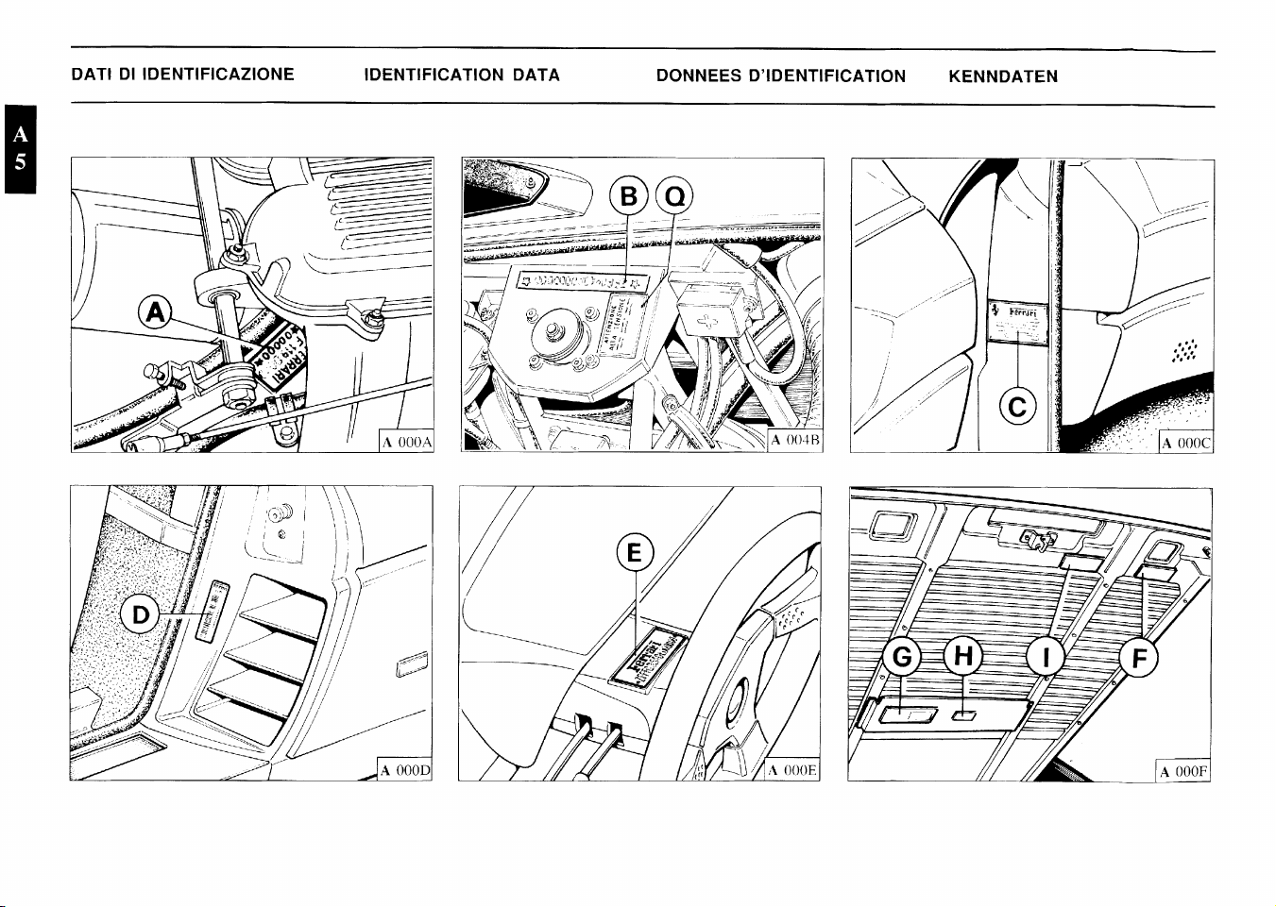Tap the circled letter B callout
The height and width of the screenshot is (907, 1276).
pyautogui.click(x=628, y=198)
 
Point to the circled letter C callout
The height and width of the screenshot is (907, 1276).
pyautogui.click(x=1018, y=407)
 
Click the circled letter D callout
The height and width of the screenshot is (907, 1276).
pyautogui.click(x=141, y=615)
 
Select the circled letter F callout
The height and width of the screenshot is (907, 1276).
pyautogui.click(x=1139, y=658)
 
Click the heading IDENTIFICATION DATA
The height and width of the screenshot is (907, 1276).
pyautogui.click(x=462, y=76)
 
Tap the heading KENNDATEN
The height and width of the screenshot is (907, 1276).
pyautogui.click(x=1003, y=76)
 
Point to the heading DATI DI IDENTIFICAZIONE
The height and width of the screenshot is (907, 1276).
pyautogui.click(x=183, y=75)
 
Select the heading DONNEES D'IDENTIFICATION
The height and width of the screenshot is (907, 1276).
pyautogui.click(x=780, y=76)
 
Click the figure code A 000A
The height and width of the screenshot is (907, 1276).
pyautogui.click(x=406, y=442)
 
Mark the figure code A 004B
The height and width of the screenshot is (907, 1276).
pyautogui.click(x=795, y=441)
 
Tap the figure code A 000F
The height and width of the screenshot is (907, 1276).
pyautogui.click(x=1182, y=772)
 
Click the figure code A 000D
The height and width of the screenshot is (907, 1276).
pyautogui.click(x=404, y=770)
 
